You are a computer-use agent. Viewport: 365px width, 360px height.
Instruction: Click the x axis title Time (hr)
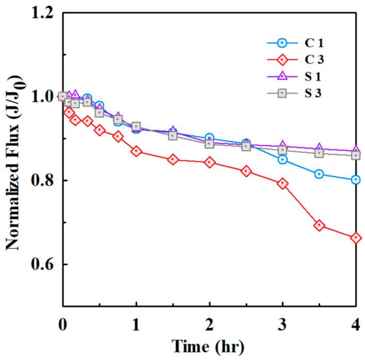pos(209,345)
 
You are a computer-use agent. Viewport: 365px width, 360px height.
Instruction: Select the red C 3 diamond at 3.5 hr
pos(319,225)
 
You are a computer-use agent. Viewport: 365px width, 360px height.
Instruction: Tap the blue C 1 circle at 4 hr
pos(356,180)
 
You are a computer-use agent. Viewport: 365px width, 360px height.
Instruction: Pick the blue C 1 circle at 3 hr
pos(283,160)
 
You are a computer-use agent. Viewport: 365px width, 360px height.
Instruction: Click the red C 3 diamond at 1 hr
pos(136,151)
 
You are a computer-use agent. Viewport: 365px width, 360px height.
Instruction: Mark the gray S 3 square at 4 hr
pos(356,155)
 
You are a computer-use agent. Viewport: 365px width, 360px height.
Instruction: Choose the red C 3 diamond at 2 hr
pos(209,162)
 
